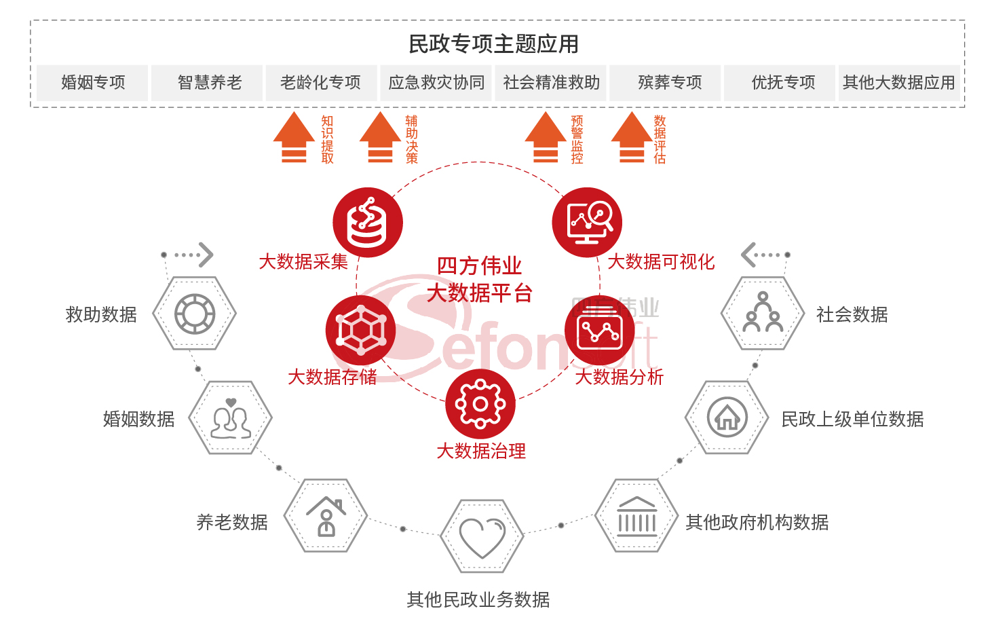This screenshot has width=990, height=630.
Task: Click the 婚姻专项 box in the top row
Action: coord(92,83)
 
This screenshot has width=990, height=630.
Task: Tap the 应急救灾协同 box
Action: coord(436,83)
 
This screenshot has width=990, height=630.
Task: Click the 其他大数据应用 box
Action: coord(898,83)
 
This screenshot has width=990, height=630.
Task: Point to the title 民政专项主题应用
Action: coord(493,44)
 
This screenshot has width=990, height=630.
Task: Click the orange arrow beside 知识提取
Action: coord(294,138)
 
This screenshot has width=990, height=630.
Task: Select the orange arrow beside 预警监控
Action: coord(546,138)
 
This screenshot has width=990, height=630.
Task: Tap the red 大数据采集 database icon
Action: coord(367,223)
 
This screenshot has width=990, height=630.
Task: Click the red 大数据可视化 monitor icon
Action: coord(587,222)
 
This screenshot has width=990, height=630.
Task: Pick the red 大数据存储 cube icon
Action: coord(360,331)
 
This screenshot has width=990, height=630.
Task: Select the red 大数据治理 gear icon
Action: coord(480,404)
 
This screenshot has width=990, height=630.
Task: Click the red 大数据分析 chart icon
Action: coord(599,331)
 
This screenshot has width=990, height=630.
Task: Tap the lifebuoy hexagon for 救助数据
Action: coord(195,314)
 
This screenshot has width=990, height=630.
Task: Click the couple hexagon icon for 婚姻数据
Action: coord(231,418)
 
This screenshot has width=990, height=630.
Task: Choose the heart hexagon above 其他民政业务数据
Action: coord(482,536)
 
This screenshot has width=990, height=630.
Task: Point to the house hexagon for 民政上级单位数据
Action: coord(727,418)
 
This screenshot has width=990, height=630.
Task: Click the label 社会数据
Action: coord(852,315)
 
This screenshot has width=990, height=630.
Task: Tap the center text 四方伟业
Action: coord(479,265)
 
